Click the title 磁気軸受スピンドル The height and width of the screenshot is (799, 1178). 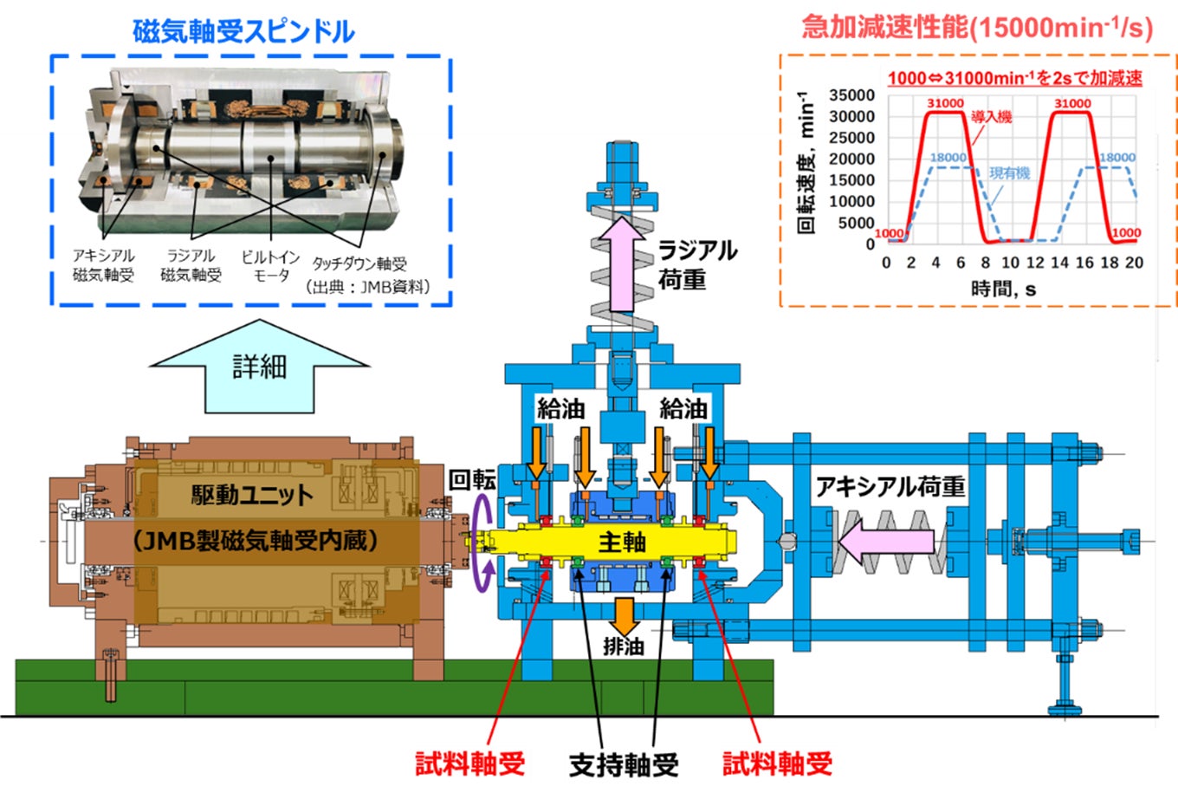point(243,31)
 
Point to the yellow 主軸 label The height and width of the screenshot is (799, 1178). point(622,542)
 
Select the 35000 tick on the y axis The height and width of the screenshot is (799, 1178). point(851,95)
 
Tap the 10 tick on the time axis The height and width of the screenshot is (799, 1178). point(1010,263)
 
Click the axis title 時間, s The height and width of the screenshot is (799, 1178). point(1003,289)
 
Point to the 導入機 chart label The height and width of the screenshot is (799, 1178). point(991,117)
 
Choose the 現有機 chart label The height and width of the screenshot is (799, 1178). point(1010,173)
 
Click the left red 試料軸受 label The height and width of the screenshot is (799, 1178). point(469,763)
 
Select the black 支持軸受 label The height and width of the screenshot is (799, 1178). point(623,764)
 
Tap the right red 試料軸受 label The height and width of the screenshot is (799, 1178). point(777,763)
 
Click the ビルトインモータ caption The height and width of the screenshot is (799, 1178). point(271,266)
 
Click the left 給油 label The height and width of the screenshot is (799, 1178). point(560,408)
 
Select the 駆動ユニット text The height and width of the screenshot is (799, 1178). point(252,495)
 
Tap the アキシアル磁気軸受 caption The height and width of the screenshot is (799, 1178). point(104,265)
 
